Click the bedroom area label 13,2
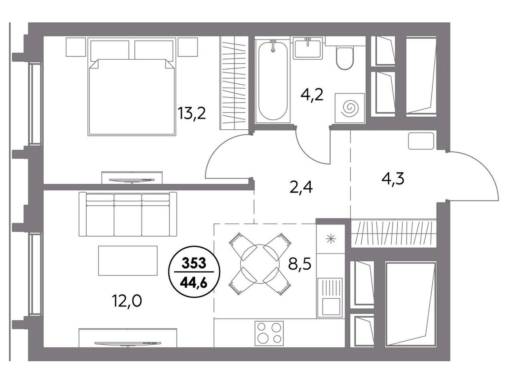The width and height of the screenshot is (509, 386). tap(192, 113)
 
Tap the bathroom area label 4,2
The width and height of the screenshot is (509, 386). tap(312, 95)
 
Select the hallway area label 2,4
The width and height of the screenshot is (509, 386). tap(301, 187)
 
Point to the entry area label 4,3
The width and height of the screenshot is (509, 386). tap(393, 179)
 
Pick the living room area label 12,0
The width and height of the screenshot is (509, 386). tap(127, 301)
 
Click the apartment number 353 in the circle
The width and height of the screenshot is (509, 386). tap(194, 263)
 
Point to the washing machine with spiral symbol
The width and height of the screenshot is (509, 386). tap(350, 108)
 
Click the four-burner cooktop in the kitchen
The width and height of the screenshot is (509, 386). tap(269, 333)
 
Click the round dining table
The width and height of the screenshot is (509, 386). tap(260, 264)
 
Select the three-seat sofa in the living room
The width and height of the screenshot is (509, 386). tap(128, 214)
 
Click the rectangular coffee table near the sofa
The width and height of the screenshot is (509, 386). tap(128, 261)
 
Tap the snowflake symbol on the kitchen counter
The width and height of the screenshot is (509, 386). tap(331, 239)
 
